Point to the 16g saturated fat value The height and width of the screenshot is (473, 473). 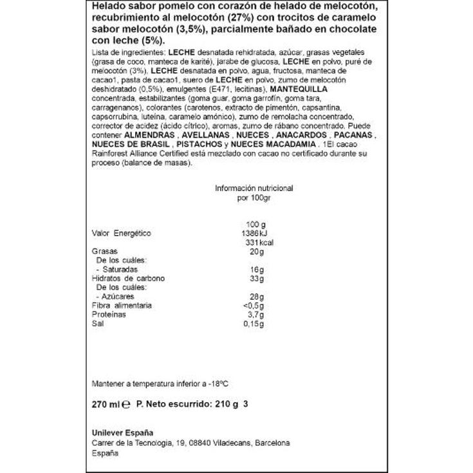tap(258, 269)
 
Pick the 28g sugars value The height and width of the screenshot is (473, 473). tap(258, 296)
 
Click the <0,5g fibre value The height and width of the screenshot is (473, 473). tap(255, 305)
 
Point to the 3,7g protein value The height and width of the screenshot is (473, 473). tap(256, 315)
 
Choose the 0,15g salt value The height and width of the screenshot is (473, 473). tap(255, 324)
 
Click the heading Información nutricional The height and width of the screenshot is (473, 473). tap(254, 189)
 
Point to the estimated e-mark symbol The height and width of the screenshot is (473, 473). tap(126, 405)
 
